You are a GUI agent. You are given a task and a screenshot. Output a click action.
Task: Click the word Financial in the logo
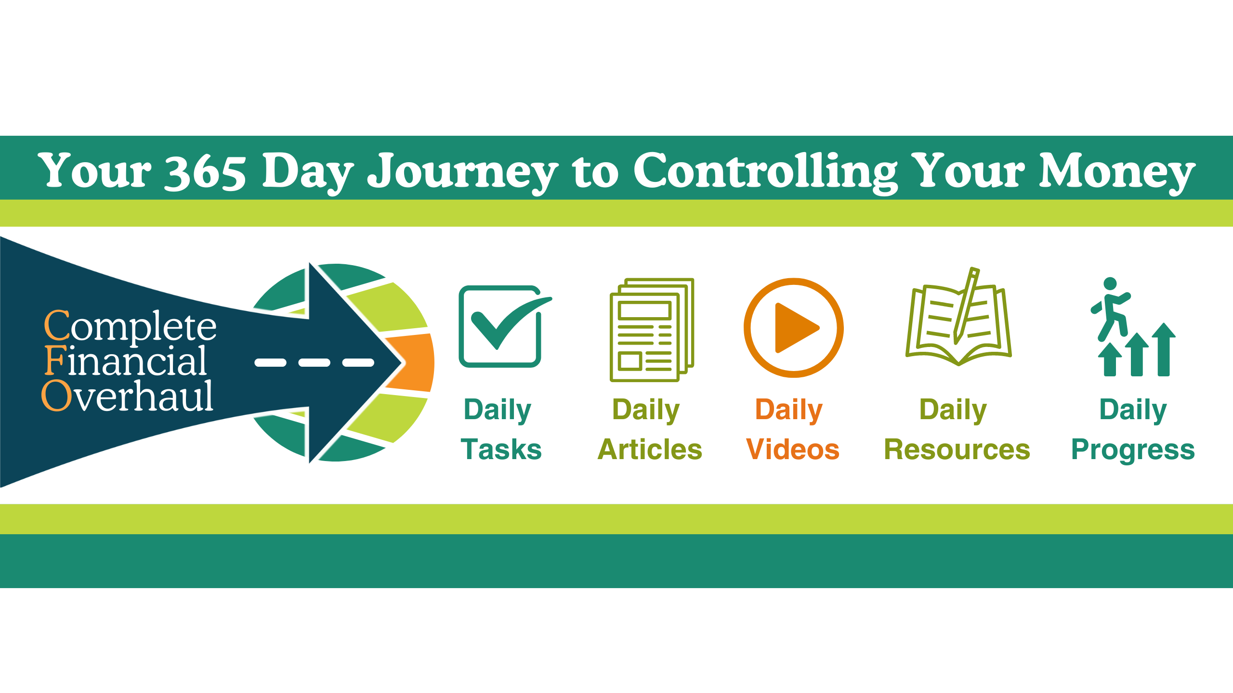pos(126,360)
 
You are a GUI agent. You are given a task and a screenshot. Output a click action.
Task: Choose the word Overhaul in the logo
pos(127,395)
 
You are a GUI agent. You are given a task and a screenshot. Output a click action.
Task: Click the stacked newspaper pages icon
pos(652,330)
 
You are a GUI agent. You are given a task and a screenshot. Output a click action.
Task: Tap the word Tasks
pos(501,449)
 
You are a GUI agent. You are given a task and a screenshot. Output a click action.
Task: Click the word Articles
pos(650,449)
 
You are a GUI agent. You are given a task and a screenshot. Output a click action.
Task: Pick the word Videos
pos(793,449)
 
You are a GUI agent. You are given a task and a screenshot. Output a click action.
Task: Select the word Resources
pos(957,449)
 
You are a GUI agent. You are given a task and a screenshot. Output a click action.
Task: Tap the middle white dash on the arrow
pos(314,362)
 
